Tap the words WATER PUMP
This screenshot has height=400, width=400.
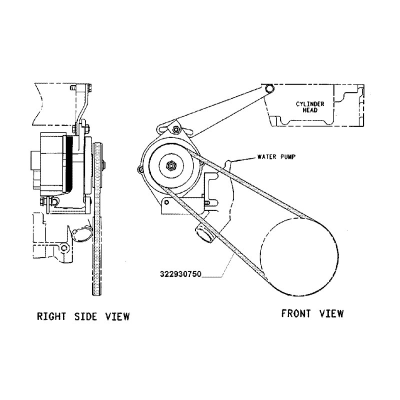pos(275,156)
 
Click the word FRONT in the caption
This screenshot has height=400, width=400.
pos(297,313)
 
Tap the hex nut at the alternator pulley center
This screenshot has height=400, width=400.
pos(170,165)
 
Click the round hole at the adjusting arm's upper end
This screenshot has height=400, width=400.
pos(270,88)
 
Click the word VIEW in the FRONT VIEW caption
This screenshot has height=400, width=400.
pos(330,313)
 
